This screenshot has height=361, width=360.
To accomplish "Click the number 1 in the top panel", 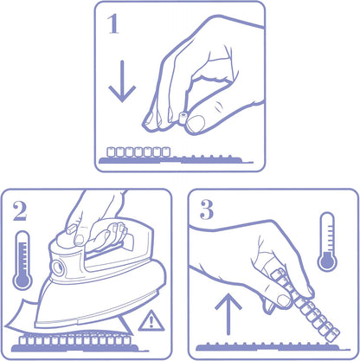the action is coord(113,24).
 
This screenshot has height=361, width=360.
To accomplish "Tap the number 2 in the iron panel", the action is coord(19,211).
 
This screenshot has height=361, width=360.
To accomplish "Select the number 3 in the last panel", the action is coord(207,210).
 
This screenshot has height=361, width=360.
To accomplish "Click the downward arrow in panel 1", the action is coord(122,81).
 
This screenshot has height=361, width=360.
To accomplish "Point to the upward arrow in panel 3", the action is coord(228,314).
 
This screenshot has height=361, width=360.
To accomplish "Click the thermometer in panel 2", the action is coord(22,260).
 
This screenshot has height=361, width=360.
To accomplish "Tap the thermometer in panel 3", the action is coord(327,242).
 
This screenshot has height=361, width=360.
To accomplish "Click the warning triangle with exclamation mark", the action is coord(151,321).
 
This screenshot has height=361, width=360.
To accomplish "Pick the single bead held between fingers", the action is coord(183,118).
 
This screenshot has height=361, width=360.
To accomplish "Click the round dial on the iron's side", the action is coord(58,268).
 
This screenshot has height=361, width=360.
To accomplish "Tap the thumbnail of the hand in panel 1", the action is coord(196,123).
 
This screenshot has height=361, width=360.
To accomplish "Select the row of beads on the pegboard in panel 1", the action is coord(138,151).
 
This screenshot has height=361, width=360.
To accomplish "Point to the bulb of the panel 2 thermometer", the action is coord(22,280).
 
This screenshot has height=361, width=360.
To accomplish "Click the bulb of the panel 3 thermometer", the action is coord(327,261).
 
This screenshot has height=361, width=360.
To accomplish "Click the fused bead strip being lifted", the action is coord(306,306).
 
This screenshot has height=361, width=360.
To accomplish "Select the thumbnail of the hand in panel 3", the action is coord(284,301).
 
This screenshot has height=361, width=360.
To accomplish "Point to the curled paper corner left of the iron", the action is coord(20,315).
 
